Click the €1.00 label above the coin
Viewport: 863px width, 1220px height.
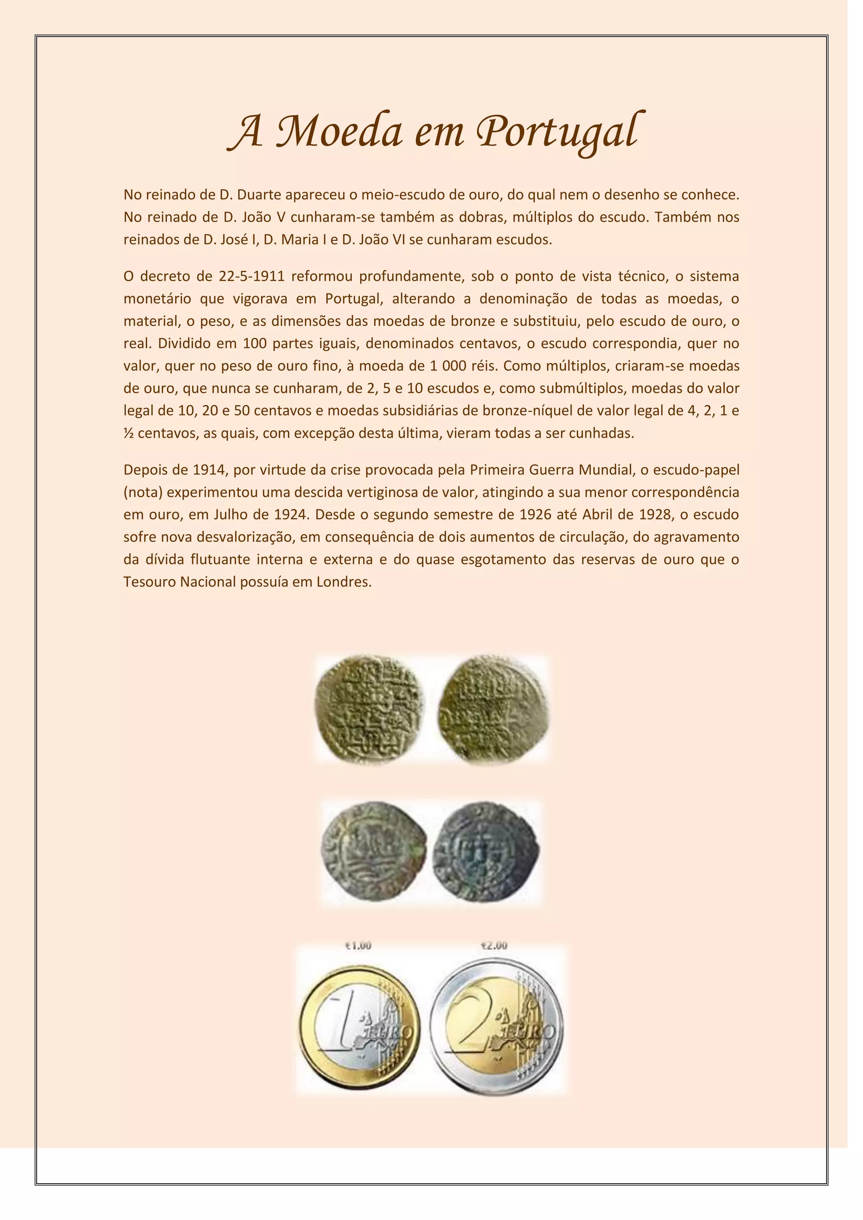[358, 946]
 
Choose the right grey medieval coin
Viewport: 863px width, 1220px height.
[486, 853]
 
